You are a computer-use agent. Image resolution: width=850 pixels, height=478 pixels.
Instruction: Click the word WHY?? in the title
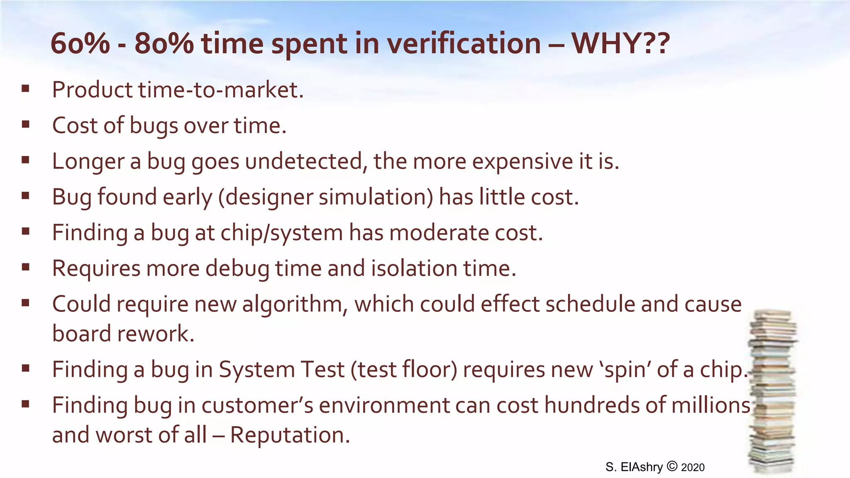620,43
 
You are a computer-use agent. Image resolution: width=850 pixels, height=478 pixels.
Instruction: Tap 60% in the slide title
80,43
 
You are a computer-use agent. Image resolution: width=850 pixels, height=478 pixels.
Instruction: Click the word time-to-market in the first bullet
221,90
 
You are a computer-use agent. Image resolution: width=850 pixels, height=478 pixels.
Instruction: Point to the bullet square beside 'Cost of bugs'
26,124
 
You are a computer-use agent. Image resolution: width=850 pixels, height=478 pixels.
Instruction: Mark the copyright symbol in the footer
672,466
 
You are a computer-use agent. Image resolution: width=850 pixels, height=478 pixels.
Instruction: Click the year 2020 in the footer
693,468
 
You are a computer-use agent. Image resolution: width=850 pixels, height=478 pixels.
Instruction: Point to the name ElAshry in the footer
642,467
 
